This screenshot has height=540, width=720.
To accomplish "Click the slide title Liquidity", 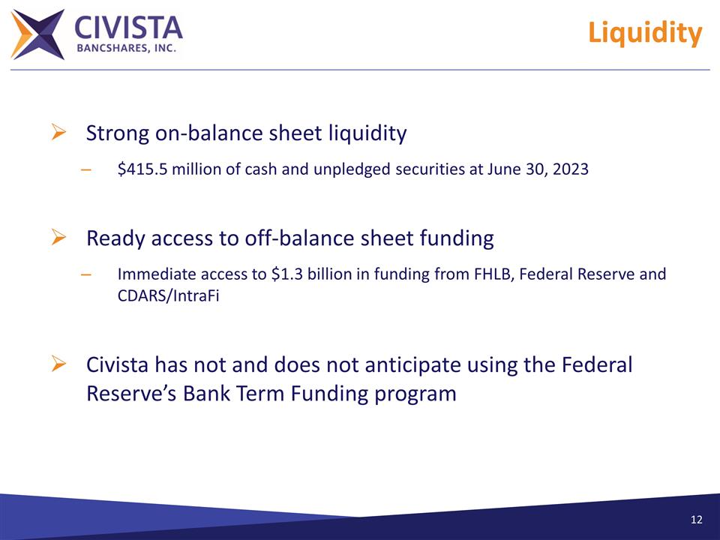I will pyautogui.click(x=644, y=34).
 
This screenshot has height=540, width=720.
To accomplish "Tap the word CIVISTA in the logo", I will pyautogui.click(x=128, y=28).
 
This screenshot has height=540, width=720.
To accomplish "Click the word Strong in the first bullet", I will pyautogui.click(x=118, y=133).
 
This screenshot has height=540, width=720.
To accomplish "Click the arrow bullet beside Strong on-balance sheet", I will pyautogui.click(x=58, y=133).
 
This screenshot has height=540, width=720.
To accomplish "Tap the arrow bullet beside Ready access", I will pyautogui.click(x=58, y=238).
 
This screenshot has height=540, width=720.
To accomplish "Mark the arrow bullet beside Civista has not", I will pyautogui.click(x=58, y=365).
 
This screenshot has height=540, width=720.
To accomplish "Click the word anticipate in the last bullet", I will pyautogui.click(x=413, y=365).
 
